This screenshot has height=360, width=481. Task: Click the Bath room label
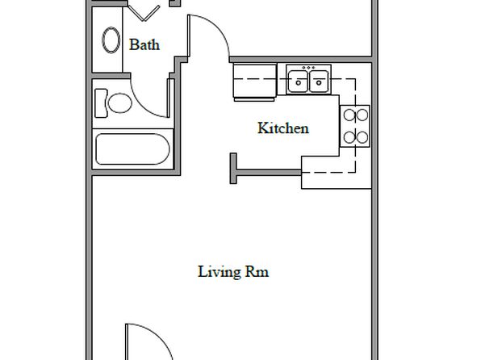point(144,45)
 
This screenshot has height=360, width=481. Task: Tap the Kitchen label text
point(283,128)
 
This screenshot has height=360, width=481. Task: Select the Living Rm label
point(233,272)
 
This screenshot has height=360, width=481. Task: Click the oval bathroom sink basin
point(111,40)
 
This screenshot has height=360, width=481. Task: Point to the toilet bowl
point(120,103)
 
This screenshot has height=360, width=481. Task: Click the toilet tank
point(101,103)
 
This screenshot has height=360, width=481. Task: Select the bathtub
point(132,149)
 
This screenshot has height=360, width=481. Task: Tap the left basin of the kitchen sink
point(298,81)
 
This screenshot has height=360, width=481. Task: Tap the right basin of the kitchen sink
point(319,81)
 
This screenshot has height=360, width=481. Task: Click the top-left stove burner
point(349,115)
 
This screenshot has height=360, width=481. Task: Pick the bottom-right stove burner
point(362,137)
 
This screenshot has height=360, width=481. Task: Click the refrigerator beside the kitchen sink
point(254,82)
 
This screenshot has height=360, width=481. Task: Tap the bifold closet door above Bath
point(144,13)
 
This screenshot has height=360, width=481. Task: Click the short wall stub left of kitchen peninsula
point(233,169)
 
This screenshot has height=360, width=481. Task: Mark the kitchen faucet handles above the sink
point(308,68)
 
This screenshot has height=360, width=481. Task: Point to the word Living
point(219,272)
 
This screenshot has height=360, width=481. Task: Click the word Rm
point(257,272)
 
